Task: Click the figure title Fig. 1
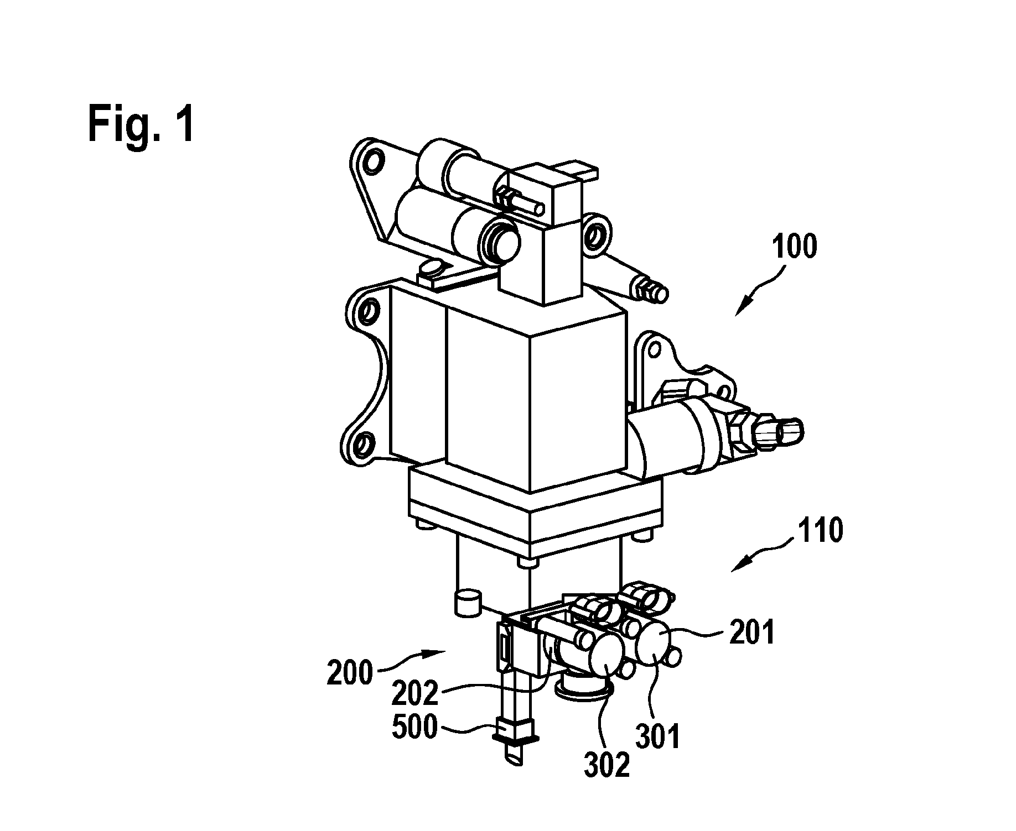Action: click(x=141, y=125)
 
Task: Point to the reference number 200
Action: click(x=350, y=673)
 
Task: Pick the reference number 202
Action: click(x=415, y=693)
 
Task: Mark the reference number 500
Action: click(x=415, y=728)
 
